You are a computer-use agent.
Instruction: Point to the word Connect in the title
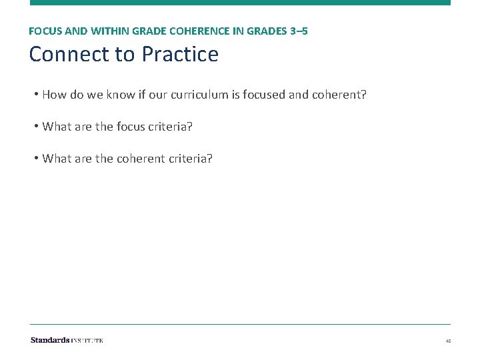click(70, 54)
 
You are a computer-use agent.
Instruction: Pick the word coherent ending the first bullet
click(341, 95)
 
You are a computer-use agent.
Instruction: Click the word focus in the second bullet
click(131, 127)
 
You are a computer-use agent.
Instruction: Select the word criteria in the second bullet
click(171, 127)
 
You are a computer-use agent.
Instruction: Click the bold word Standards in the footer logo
click(50, 340)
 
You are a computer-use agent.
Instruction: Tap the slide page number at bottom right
click(448, 341)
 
